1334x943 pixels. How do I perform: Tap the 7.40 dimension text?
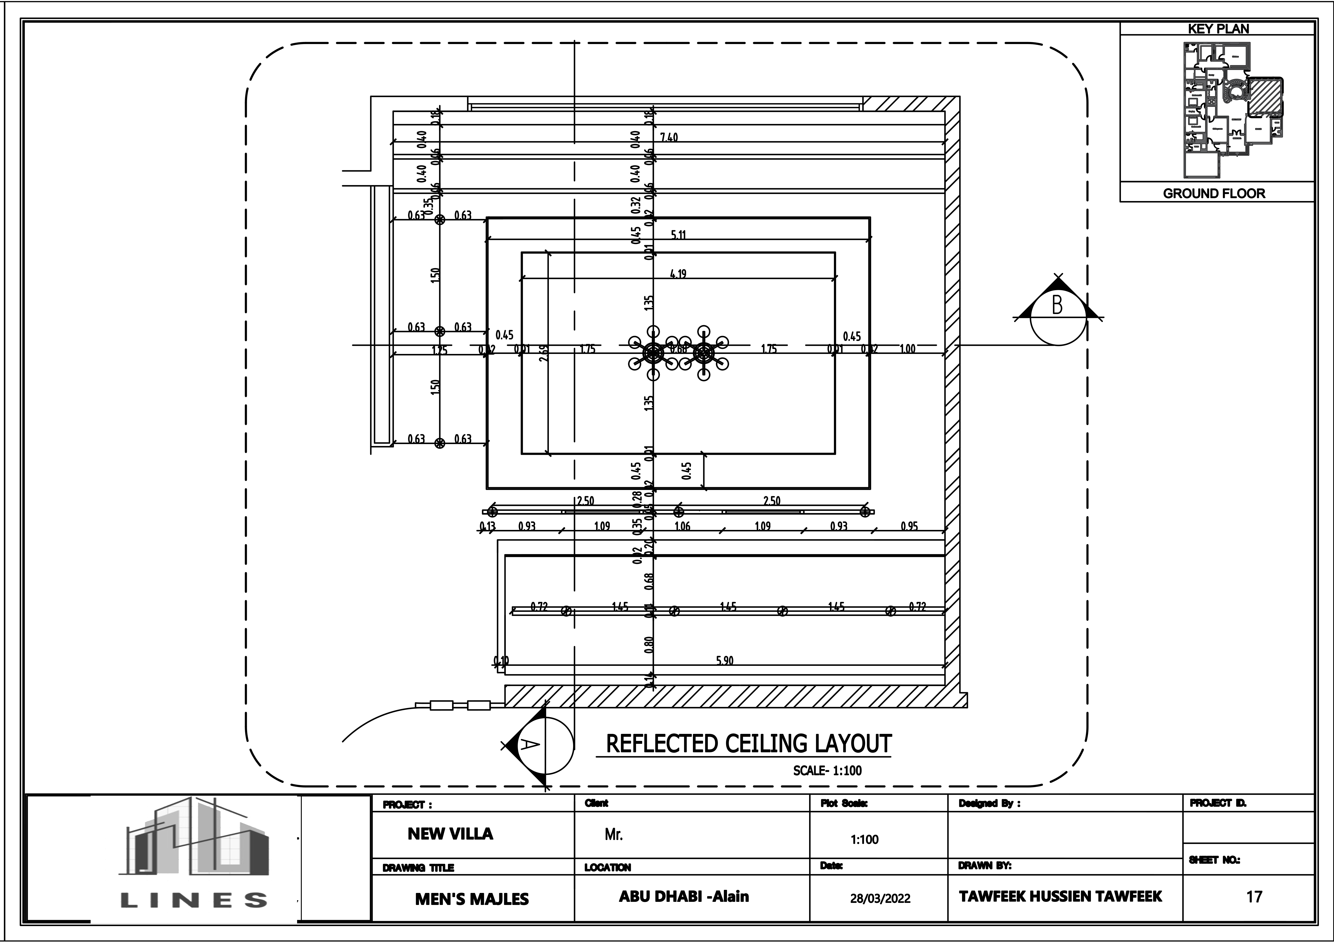coord(669,138)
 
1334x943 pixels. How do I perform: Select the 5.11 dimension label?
coord(678,235)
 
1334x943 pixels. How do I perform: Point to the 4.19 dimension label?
coord(678,274)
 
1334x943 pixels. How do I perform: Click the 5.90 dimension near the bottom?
coord(725,661)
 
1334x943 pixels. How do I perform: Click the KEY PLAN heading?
coord(1218,29)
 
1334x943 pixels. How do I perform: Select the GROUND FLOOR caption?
coord(1214,193)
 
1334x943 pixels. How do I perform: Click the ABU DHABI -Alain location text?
coord(684,896)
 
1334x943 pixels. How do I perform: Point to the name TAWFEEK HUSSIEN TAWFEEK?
coord(1060,896)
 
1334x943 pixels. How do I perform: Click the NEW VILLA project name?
coord(450,834)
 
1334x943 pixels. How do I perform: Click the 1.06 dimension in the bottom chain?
coord(682,526)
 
